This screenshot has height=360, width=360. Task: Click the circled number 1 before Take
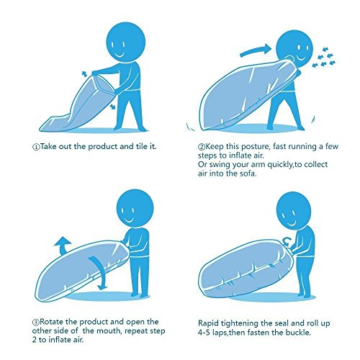pos(35,147)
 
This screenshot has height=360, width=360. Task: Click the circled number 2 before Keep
pos(201,147)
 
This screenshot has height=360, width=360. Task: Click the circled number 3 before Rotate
pos(35,322)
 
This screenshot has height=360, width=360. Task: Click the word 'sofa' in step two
pos(248,174)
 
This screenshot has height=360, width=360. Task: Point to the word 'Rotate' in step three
pos(51,322)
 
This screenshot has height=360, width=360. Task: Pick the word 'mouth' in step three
pos(108,330)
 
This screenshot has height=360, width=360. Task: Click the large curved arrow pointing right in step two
pos(255,50)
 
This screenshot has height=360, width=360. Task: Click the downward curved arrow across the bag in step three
pos(100,272)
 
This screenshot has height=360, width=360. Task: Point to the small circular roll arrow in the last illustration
pos(287,241)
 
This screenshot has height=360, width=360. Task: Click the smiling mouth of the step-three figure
pos(129,220)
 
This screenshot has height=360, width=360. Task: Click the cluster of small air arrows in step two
pos(323,58)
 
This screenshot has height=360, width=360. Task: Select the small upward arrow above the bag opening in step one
pos(84,73)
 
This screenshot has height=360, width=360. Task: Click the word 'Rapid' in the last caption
pos(208,323)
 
